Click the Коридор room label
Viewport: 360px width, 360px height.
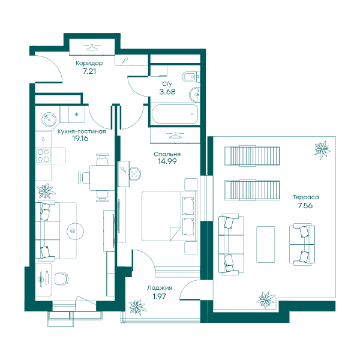tap(89, 63)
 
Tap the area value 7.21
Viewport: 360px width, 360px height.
tap(89, 71)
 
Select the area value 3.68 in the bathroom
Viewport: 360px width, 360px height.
tap(167, 92)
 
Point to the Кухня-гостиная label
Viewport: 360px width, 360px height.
tap(82, 131)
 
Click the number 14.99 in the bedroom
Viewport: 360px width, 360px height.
tap(167, 161)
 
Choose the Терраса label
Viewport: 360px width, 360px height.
tap(305, 197)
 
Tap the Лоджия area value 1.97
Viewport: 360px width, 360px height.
tap(160, 296)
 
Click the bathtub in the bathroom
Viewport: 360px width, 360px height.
tap(175, 114)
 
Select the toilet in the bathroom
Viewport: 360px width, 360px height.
tap(191, 77)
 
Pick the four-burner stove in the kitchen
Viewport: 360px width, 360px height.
tap(43, 155)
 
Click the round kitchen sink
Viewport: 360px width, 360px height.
tap(49, 119)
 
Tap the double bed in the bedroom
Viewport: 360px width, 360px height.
tap(169, 216)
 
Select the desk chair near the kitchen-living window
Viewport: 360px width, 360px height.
tap(61, 279)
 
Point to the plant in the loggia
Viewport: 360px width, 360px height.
tap(137, 307)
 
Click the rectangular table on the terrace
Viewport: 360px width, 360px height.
tap(265, 244)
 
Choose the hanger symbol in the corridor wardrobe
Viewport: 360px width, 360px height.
tap(92, 47)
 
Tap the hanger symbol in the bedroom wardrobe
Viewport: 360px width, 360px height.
tap(175, 135)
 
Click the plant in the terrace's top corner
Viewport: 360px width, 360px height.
tap(322, 150)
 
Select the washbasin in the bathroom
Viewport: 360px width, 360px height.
tap(194, 94)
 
